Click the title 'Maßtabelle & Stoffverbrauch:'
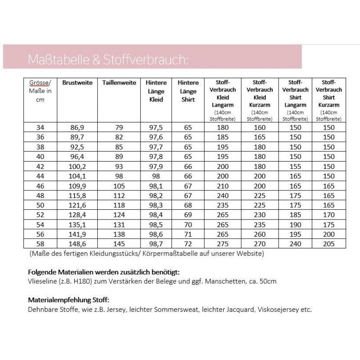point(106,60)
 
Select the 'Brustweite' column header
point(77,83)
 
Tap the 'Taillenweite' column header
point(119,83)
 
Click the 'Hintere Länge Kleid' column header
point(156,91)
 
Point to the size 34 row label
point(40,127)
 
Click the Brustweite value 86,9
point(77,127)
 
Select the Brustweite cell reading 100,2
point(77,166)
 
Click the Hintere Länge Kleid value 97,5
point(156,127)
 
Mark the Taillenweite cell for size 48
point(119,195)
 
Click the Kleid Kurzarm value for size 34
point(259,127)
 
